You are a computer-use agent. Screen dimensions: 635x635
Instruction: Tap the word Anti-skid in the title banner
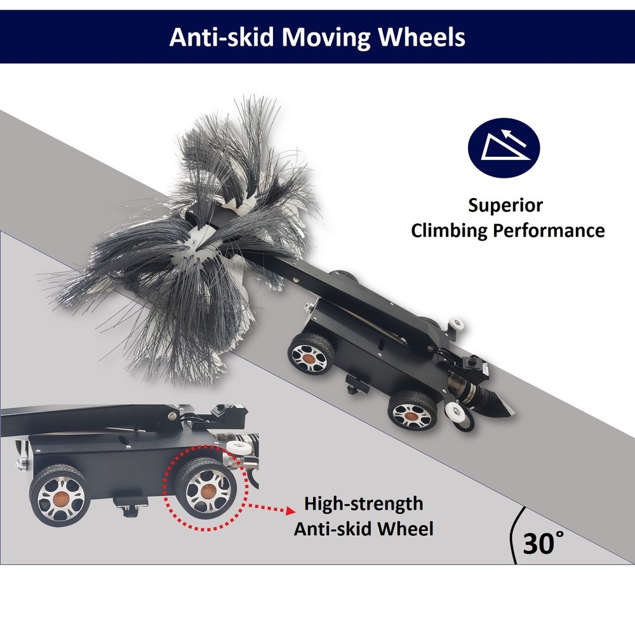[222, 37]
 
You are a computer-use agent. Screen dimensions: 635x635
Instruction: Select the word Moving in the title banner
[326, 38]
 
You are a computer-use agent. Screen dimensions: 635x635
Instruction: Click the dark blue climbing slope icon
[504, 147]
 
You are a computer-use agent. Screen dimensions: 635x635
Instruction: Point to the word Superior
[505, 205]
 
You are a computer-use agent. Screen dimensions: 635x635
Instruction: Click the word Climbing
[449, 231]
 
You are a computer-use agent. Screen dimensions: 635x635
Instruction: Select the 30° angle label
[543, 543]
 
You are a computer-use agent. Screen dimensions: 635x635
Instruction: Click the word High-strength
[364, 504]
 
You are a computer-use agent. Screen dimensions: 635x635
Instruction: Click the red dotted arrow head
[290, 510]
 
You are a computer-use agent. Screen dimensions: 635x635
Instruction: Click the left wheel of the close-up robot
[60, 497]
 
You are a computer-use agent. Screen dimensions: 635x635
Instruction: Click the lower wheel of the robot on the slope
[413, 413]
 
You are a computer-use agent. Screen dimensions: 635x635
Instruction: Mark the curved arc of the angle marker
[512, 535]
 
